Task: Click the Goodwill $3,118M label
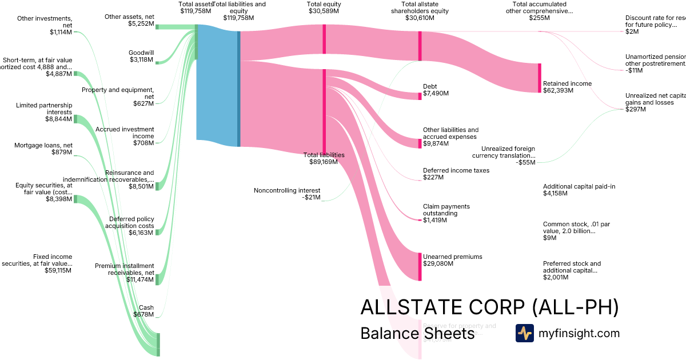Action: [x=141, y=56]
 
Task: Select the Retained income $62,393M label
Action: [x=567, y=87]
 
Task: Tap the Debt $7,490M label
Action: [x=436, y=90]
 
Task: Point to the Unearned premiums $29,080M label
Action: [x=452, y=260]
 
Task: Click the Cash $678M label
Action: [x=146, y=311]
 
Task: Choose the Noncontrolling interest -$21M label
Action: [x=287, y=194]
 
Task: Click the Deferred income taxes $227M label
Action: [x=456, y=174]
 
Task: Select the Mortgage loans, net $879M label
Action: [x=43, y=149]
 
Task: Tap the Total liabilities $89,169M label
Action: [x=324, y=158]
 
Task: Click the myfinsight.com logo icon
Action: [x=524, y=333]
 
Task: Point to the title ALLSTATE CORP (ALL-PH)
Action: [x=489, y=307]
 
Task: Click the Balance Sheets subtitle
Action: [x=417, y=333]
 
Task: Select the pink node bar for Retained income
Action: [x=539, y=78]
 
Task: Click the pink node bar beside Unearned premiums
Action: [x=420, y=266]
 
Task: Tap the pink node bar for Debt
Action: [x=420, y=96]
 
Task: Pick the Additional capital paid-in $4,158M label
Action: [x=579, y=190]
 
